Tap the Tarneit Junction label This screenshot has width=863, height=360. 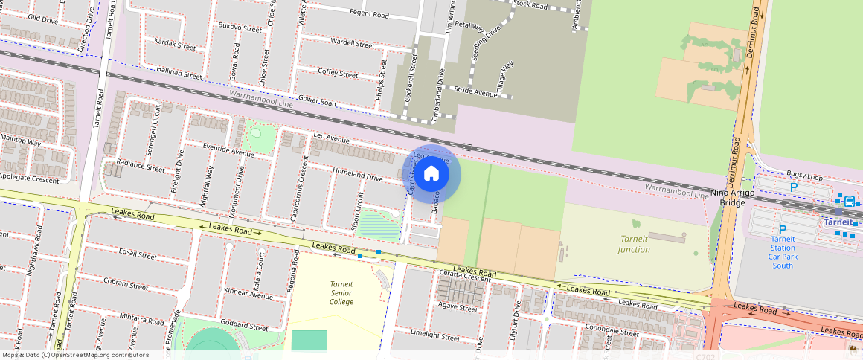(x=634, y=244)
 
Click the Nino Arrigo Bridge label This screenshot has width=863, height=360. (x=733, y=197)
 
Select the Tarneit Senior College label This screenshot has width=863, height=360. (x=341, y=292)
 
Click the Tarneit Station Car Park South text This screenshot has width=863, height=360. (x=783, y=252)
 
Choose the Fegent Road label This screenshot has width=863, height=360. (x=369, y=14)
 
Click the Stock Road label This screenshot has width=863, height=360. (x=530, y=6)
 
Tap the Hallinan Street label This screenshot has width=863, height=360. (x=179, y=73)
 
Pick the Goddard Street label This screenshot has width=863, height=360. (x=244, y=327)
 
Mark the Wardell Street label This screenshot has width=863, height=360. (x=352, y=43)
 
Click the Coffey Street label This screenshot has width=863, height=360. (x=338, y=72)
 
